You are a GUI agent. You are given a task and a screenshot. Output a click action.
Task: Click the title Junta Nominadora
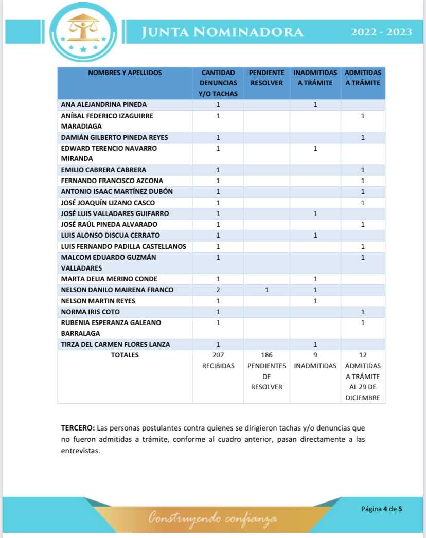coord(222,32)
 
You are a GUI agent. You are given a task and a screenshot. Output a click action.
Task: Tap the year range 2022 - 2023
coord(381,32)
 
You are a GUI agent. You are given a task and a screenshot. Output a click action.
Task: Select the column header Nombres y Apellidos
coord(125,73)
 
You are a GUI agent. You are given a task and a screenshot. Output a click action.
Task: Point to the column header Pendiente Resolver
coord(267,78)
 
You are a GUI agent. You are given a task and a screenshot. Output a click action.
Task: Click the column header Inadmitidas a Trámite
coord(315,78)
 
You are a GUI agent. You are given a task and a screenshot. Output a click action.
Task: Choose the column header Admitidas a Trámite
coord(363,78)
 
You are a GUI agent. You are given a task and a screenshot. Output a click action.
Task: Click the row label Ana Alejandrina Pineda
coord(104,104)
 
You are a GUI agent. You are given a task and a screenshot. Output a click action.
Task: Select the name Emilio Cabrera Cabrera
coord(103,170)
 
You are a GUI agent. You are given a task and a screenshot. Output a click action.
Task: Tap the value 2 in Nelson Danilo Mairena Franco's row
coord(218,290)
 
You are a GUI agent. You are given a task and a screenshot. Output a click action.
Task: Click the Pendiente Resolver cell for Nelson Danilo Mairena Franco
coord(267,290)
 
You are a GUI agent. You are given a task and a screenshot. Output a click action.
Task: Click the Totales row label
coord(125,355)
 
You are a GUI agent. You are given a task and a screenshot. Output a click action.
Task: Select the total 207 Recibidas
coord(218,360)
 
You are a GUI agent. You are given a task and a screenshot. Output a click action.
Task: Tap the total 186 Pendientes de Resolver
coord(267,371)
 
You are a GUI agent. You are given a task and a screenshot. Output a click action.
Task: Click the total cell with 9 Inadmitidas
coord(315,360)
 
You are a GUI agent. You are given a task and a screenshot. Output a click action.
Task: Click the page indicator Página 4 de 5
coord(381,509)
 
